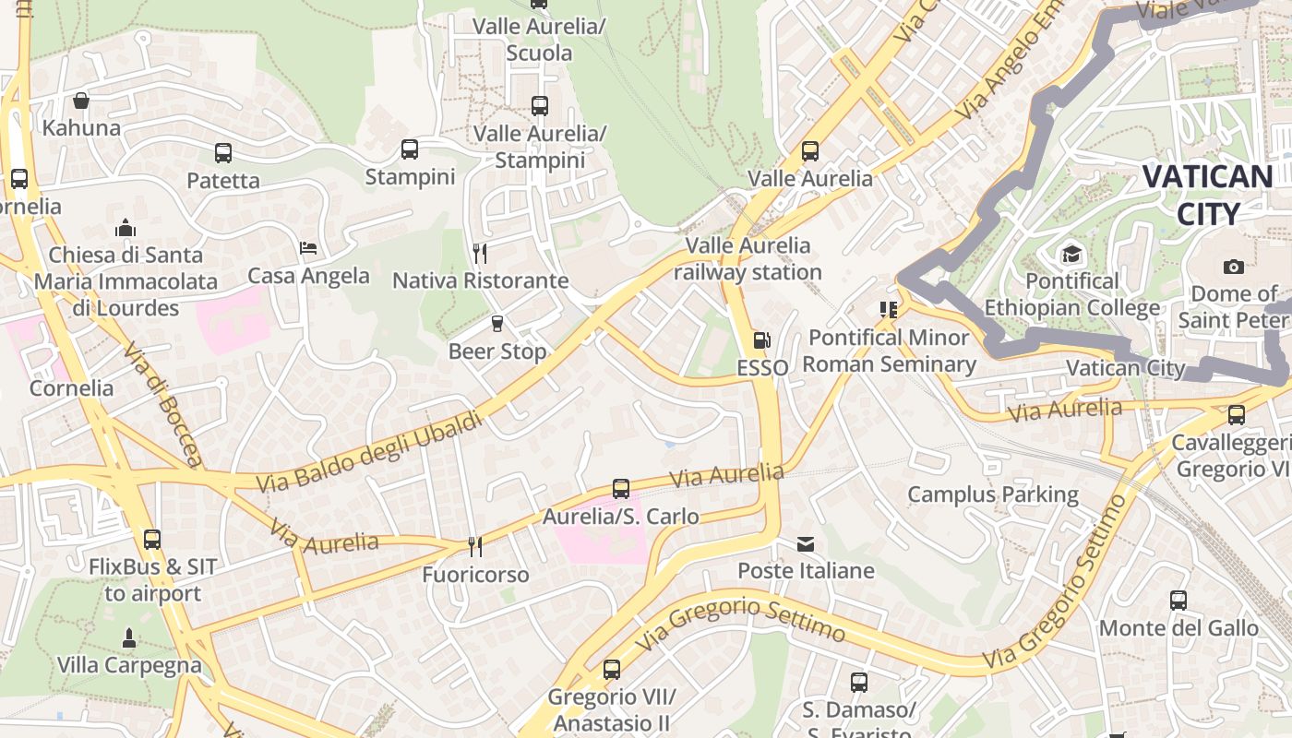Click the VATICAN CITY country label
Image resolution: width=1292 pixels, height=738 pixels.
coord(1208,195)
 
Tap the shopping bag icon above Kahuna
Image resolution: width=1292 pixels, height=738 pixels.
coord(81,101)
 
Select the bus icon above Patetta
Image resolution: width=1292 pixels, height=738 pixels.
coord(223,152)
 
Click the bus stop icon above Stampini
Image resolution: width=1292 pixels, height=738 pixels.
coord(410,149)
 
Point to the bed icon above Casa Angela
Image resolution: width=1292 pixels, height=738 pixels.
coord(308,248)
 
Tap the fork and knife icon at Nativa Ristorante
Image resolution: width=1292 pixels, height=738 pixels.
coord(479,253)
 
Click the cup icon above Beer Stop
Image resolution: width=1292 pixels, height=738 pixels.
coord(497,323)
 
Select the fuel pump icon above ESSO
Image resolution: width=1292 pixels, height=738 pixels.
coord(761,340)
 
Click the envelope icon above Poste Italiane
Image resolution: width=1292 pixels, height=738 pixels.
coord(806,543)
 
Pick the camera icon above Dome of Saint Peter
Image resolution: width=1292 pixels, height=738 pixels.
coord(1233,267)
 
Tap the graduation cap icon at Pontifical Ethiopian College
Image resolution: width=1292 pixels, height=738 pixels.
coord(1071,254)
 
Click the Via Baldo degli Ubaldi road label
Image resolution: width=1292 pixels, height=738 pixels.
coord(369,452)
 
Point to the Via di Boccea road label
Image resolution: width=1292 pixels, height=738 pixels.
coord(162,406)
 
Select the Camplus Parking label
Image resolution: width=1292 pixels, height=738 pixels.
coord(993,494)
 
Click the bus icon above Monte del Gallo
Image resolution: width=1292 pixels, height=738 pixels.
coord(1178,601)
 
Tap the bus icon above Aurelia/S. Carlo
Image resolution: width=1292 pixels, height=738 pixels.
coord(621,489)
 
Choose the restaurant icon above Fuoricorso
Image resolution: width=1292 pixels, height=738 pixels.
coord(475,547)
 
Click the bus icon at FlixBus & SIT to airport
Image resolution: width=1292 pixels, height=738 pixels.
coord(152,539)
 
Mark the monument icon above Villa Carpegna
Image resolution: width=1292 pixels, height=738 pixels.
coord(128,637)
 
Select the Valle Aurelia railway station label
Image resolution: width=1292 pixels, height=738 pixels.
coord(748,259)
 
